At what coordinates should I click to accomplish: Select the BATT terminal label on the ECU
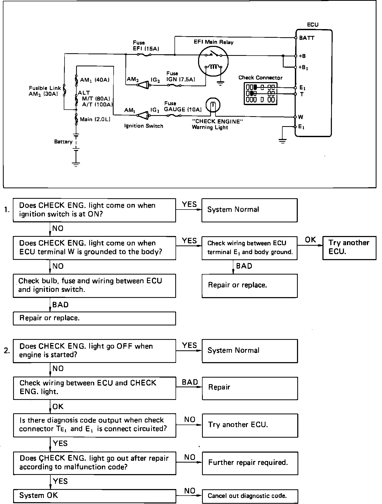pyautogui.click(x=307, y=38)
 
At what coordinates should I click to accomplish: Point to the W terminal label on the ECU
pyautogui.click(x=301, y=117)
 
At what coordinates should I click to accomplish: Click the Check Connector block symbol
pyautogui.click(x=261, y=94)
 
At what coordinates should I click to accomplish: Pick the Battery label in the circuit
pyautogui.click(x=63, y=142)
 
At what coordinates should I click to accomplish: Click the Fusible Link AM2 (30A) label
pyautogui.click(x=45, y=91)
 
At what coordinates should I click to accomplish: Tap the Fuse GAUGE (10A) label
pyautogui.click(x=183, y=106)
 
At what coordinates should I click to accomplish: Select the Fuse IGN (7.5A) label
pyautogui.click(x=181, y=77)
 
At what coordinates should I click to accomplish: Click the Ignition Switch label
pyautogui.click(x=144, y=126)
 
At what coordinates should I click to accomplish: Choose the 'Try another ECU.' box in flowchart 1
pyautogui.click(x=349, y=248)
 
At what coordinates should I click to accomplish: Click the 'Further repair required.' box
pyautogui.click(x=250, y=463)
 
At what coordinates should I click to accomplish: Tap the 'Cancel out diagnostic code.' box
pyautogui.click(x=250, y=496)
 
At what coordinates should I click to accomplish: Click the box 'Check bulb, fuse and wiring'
pyautogui.click(x=94, y=286)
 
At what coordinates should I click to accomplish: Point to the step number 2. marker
pyautogui.click(x=7, y=351)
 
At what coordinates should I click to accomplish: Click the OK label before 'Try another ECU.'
pyautogui.click(x=311, y=240)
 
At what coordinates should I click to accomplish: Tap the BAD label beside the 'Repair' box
pyautogui.click(x=190, y=382)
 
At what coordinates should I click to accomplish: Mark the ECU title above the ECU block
pyautogui.click(x=312, y=25)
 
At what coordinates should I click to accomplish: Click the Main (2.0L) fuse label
pyautogui.click(x=95, y=120)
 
